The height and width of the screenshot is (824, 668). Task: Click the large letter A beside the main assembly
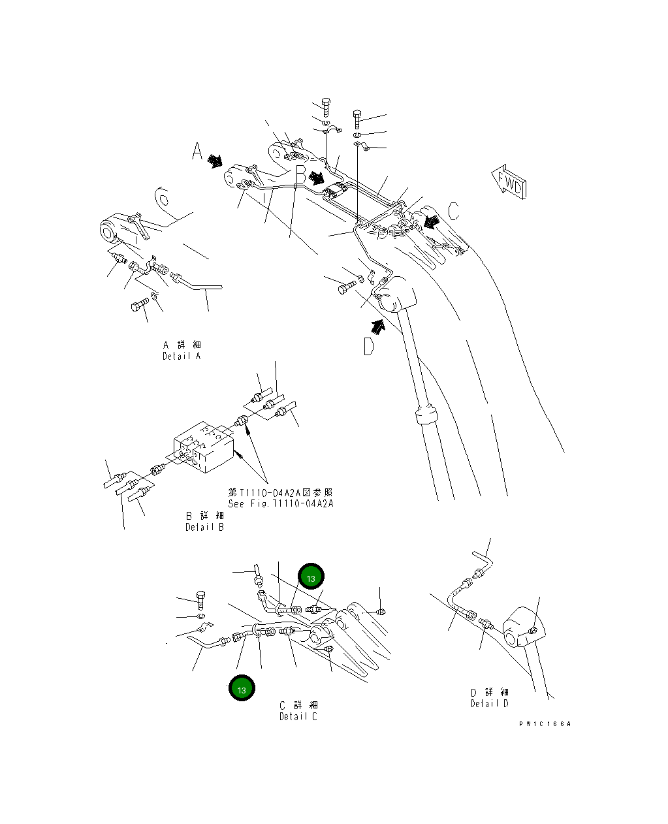point(197,151)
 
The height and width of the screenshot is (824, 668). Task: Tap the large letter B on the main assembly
point(300,175)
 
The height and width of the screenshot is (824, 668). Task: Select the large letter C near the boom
point(453,211)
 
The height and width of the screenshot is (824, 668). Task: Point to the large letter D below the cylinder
point(369,347)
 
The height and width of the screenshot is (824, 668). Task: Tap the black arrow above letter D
point(378,325)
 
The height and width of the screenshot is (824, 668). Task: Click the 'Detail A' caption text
point(182,351)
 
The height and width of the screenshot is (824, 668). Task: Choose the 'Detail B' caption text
point(204,521)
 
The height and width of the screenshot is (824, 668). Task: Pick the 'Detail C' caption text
point(298,711)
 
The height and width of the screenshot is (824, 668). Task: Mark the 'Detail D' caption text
point(489,698)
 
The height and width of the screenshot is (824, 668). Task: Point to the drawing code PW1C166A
point(545,724)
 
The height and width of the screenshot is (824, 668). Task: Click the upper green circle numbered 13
point(311,578)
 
